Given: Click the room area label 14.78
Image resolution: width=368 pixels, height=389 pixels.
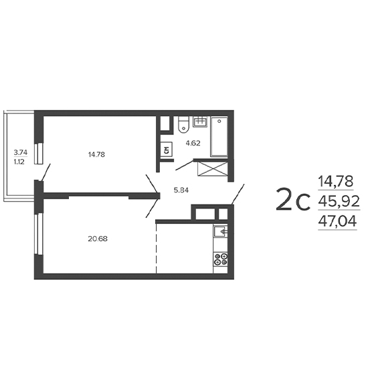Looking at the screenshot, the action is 96,154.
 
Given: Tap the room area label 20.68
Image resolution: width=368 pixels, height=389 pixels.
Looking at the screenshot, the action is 98,239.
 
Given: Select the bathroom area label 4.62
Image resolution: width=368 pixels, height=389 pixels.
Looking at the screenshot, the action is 193,143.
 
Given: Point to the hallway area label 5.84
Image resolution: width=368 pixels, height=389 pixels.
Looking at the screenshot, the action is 181,190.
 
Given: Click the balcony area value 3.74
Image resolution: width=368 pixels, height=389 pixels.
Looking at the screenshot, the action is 21,152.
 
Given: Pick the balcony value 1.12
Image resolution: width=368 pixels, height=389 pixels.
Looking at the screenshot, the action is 19,162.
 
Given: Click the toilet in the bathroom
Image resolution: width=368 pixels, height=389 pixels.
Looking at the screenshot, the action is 183,125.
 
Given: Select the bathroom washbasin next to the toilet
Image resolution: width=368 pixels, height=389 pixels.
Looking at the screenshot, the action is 200,121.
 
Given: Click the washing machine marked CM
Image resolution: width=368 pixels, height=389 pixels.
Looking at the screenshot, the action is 167,150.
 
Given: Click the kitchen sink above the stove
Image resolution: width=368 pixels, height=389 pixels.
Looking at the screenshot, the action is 221,231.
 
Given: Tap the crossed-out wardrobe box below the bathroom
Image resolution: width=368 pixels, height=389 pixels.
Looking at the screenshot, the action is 212,169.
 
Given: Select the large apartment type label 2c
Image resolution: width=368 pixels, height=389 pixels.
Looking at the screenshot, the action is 293,199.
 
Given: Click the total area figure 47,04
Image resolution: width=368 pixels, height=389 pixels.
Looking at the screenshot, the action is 337,221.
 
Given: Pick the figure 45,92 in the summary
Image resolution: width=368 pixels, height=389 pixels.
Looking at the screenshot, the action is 339,201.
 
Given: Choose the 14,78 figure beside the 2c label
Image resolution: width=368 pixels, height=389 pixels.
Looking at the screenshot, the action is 336,181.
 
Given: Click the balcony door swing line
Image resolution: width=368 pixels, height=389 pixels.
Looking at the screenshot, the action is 45,172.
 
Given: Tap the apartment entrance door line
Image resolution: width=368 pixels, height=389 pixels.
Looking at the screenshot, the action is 238,194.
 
